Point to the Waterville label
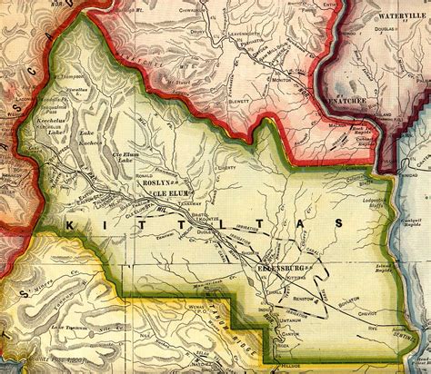392,15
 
